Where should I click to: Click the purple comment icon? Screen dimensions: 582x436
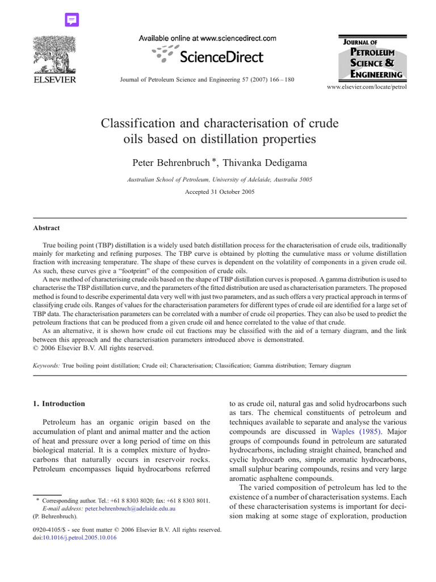click(72, 20)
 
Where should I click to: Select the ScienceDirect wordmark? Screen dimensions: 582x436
click(221, 56)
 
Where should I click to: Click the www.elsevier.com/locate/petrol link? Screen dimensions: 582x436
click(367, 88)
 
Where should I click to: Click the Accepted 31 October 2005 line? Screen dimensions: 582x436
click(220, 192)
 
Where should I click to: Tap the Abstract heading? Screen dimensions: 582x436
click(46, 228)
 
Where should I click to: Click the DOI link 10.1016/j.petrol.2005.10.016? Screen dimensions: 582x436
click(80, 538)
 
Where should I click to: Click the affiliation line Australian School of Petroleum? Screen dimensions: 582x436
click(219, 179)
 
